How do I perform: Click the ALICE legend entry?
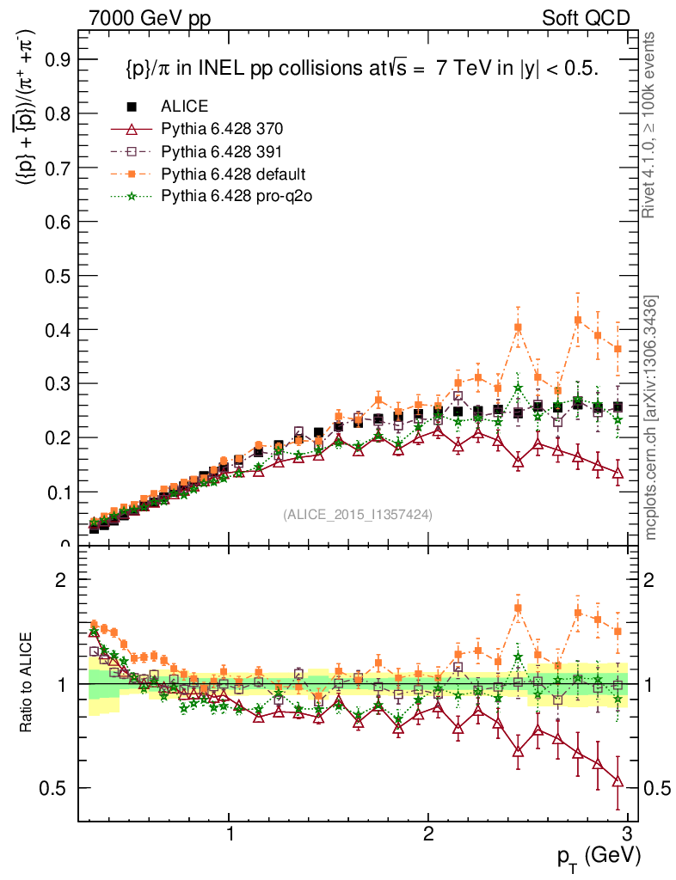pos(183,107)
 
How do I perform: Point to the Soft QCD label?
pos(586,17)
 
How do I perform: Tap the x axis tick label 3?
pos(627,834)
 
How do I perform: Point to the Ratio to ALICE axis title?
pos(28,684)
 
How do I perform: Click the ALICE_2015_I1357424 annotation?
pos(358,515)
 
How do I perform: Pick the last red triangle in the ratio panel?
pos(618,780)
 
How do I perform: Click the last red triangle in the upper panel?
pos(618,473)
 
